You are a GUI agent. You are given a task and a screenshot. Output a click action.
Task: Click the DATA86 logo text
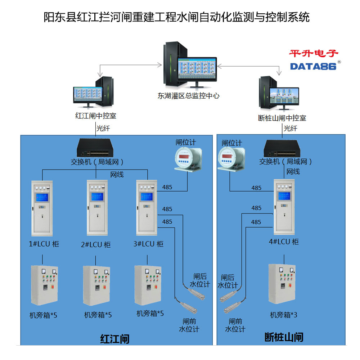(x=313, y=66)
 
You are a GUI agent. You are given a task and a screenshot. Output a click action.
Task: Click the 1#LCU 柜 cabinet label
(x=44, y=244)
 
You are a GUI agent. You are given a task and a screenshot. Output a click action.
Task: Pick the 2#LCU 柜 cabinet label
(x=96, y=245)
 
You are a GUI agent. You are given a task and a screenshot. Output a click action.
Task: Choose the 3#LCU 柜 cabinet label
(x=148, y=244)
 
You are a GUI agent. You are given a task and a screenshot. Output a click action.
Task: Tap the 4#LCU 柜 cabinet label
(x=284, y=242)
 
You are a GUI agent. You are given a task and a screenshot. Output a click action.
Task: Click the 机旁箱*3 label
(x=284, y=315)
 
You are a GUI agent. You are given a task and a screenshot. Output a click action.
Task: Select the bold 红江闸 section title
(x=114, y=339)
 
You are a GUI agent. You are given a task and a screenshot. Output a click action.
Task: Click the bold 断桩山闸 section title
(x=284, y=337)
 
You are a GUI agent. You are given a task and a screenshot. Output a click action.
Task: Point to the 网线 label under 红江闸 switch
(x=117, y=175)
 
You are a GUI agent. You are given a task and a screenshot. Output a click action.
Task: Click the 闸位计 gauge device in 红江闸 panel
(x=188, y=159)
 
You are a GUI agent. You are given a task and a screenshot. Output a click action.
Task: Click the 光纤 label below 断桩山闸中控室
(x=291, y=128)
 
